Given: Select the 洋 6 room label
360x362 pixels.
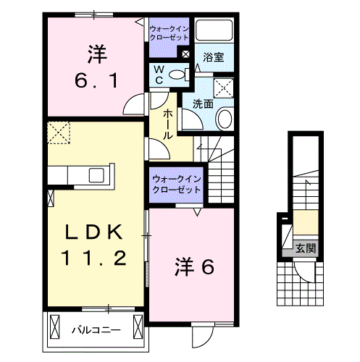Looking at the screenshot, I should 193,267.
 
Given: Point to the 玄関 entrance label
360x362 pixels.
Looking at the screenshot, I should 305,248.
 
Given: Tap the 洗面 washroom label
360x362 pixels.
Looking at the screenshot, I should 202,104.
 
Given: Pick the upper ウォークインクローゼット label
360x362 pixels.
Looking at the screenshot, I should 168,33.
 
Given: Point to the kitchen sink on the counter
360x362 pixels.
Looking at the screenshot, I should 96,175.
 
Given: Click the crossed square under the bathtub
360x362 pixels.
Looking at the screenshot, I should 225,86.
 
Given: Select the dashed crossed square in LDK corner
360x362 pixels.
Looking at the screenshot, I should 57,133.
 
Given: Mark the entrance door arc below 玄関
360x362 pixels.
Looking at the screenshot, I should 305,274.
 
